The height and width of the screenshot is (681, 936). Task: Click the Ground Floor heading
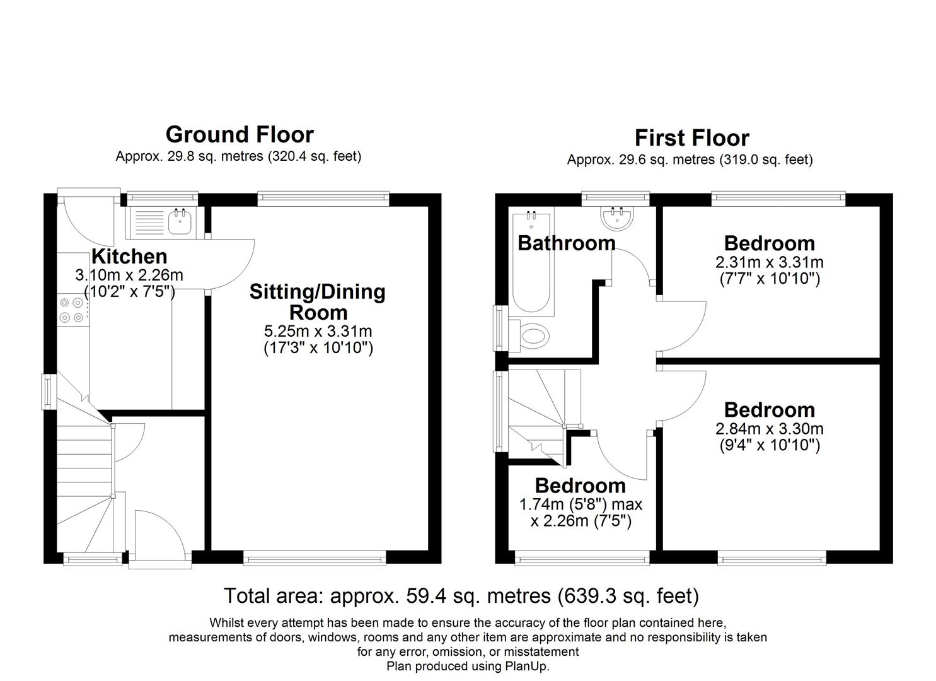(240, 134)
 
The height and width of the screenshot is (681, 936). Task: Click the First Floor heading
(691, 138)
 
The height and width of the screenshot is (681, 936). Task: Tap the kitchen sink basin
(180, 221)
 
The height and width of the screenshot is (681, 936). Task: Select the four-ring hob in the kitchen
(71, 310)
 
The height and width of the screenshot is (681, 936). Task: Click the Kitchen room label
(129, 257)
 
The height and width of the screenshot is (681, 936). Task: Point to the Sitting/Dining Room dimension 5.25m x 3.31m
(318, 331)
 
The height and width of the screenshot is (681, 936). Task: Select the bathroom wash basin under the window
(616, 218)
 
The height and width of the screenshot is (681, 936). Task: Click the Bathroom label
(566, 243)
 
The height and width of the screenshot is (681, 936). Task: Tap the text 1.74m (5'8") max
(581, 504)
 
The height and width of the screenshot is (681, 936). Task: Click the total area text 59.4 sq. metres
(461, 596)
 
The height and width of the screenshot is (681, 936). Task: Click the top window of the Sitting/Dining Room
(323, 199)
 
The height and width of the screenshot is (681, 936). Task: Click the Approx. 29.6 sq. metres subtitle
(690, 160)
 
